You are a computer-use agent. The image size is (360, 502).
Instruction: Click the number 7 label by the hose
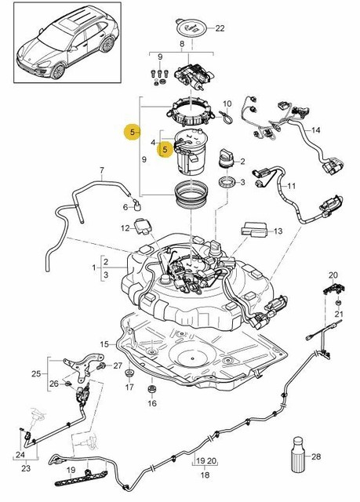(x=100, y=170)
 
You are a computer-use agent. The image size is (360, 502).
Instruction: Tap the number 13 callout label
(x=278, y=231)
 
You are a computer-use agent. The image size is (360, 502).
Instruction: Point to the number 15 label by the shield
(x=104, y=344)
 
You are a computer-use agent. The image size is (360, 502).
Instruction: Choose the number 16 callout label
(x=152, y=403)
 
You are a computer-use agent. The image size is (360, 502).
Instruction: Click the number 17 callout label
(x=129, y=387)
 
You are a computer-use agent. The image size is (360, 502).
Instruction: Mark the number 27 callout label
(x=118, y=366)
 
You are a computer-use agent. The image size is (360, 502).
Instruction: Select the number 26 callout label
(x=53, y=384)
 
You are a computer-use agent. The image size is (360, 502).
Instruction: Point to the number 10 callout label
(x=227, y=104)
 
